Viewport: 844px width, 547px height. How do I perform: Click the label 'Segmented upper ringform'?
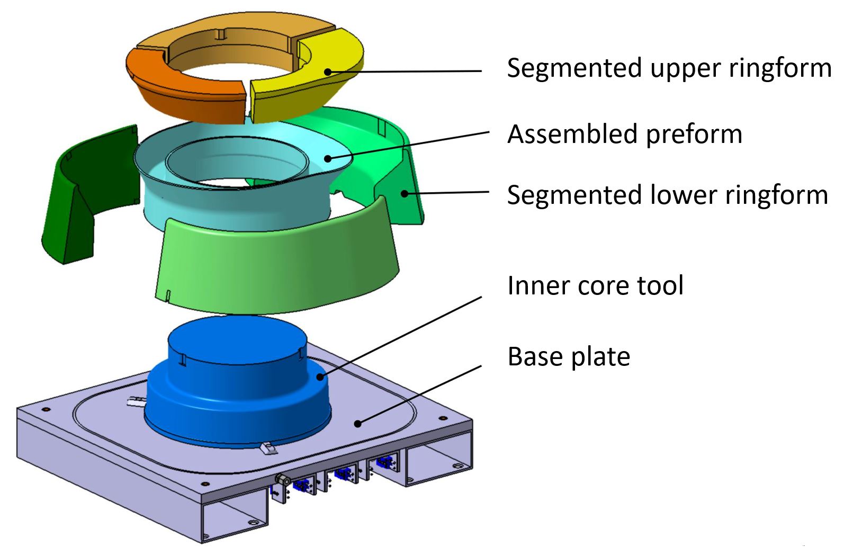668,68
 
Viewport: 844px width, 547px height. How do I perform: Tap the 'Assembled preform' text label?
624,134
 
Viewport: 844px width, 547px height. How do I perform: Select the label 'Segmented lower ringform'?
667,195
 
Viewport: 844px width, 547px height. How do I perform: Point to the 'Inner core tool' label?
595,285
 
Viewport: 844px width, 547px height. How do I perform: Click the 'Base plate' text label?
569,356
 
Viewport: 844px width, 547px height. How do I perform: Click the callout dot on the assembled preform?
328,158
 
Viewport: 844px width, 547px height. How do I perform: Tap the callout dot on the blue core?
320,377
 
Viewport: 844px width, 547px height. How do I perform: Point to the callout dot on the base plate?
358,423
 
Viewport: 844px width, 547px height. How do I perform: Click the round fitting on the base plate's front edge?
282,480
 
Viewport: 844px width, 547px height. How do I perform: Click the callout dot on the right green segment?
405,193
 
